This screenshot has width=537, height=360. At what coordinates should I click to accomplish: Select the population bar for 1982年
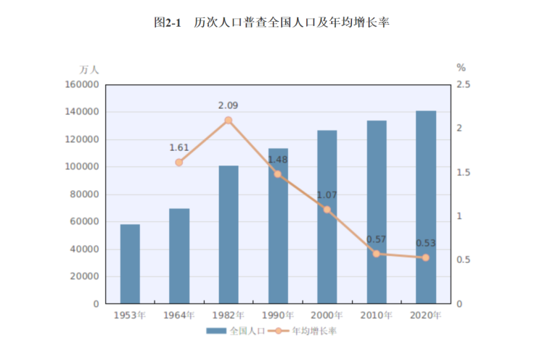click(x=229, y=234)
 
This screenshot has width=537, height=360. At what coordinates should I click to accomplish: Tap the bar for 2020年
click(x=426, y=207)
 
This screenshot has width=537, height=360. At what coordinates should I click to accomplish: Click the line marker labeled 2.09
click(x=229, y=120)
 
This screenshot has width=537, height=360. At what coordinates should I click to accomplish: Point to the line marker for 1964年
click(x=179, y=163)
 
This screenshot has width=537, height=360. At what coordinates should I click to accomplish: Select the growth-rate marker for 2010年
click(x=377, y=254)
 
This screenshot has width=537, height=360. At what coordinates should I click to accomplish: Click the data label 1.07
click(x=327, y=195)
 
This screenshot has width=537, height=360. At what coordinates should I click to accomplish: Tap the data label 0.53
click(x=426, y=243)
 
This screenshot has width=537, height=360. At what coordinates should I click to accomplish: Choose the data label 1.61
click(x=179, y=147)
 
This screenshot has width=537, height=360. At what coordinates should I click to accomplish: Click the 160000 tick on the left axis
click(x=81, y=85)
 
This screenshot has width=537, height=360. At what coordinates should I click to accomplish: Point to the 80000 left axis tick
click(x=84, y=195)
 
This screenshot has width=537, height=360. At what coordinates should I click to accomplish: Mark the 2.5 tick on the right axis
click(x=463, y=85)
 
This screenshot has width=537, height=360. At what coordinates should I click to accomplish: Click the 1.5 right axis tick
click(x=463, y=173)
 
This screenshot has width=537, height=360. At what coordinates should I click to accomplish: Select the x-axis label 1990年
click(x=278, y=315)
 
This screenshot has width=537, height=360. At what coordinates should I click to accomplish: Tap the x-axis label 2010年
click(x=377, y=315)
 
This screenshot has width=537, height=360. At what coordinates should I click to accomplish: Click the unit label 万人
click(x=89, y=70)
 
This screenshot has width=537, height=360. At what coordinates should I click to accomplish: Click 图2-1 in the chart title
click(x=167, y=22)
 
